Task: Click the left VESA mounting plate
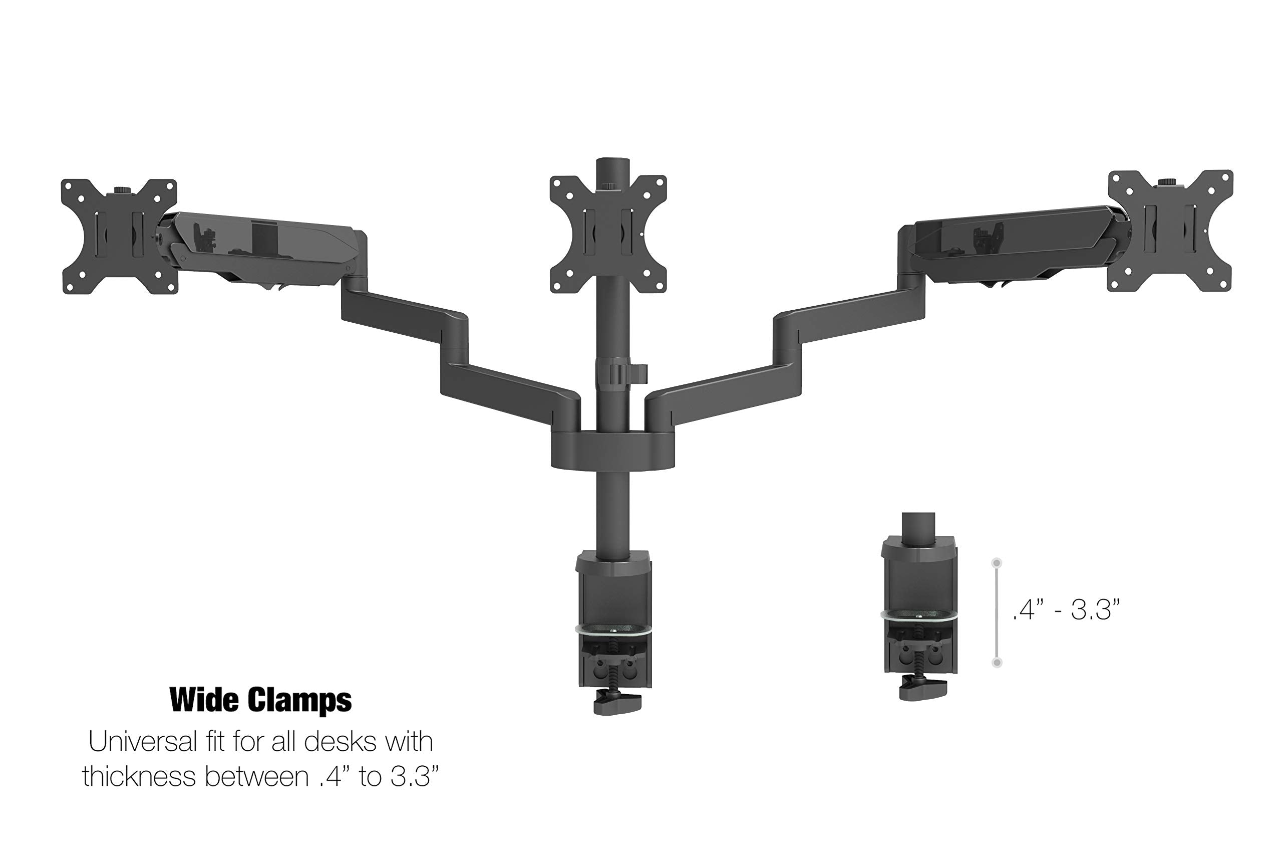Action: (119, 236)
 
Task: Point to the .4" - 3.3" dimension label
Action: (1066, 609)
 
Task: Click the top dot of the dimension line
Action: (997, 562)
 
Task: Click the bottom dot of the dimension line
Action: (997, 662)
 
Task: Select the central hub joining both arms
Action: (612, 449)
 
